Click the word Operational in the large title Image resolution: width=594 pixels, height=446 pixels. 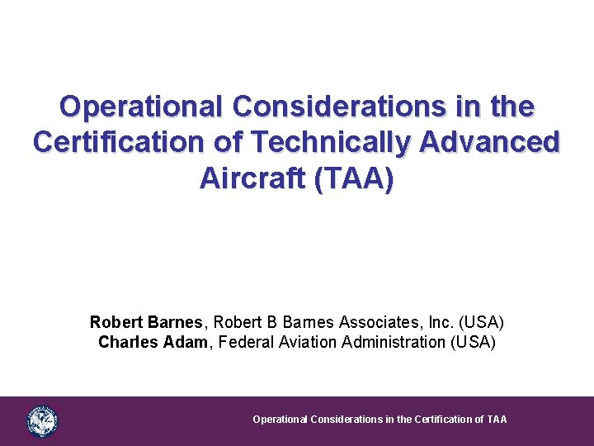[x=140, y=107]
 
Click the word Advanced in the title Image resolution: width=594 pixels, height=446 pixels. [x=490, y=142]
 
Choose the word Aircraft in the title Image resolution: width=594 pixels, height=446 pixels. [x=251, y=178]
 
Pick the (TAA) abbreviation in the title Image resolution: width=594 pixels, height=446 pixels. [x=353, y=178]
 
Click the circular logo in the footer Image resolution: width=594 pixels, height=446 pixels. [x=42, y=421]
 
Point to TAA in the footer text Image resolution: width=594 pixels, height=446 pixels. [x=497, y=420]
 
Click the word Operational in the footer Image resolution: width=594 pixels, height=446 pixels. [x=279, y=420]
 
